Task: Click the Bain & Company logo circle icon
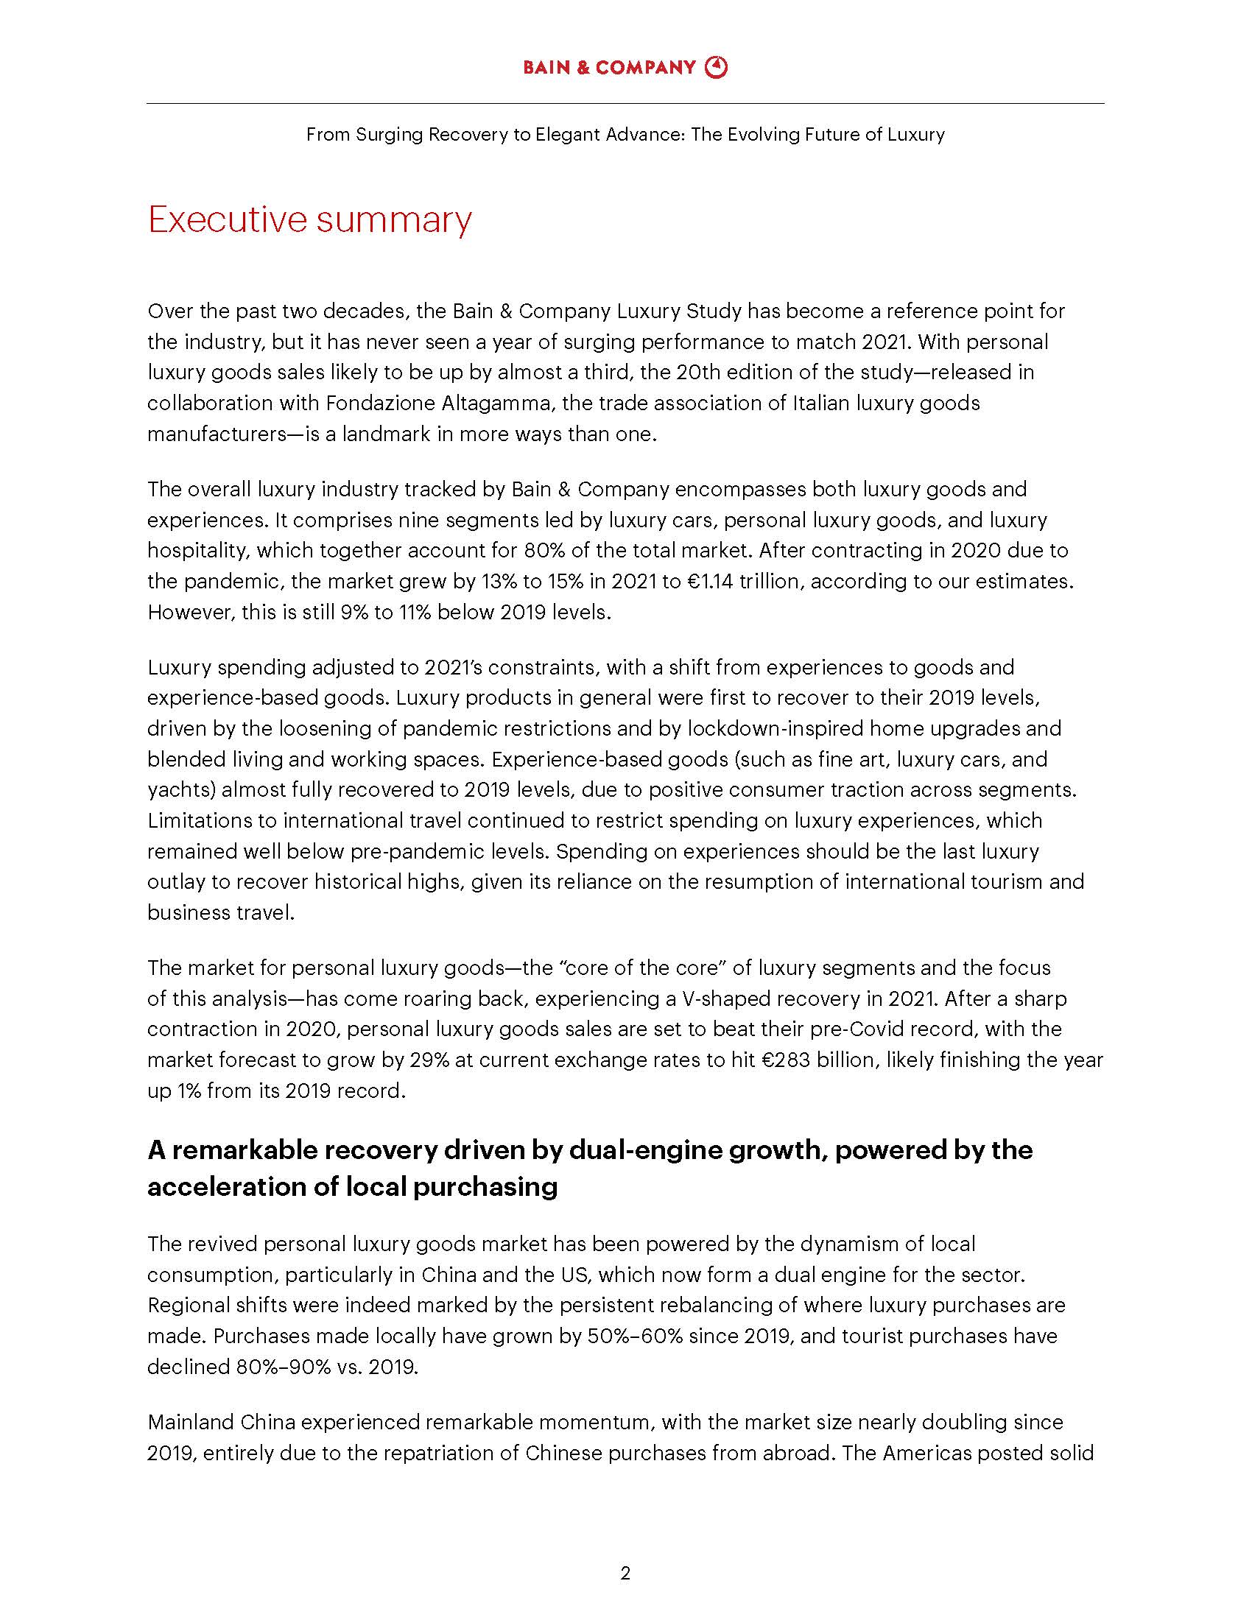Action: tap(717, 67)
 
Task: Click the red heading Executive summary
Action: tap(309, 219)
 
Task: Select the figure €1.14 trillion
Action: tap(742, 582)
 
